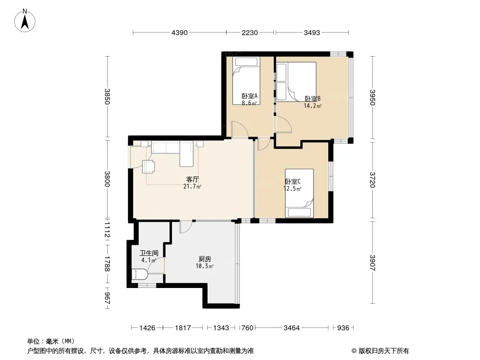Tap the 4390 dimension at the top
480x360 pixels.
click(x=179, y=32)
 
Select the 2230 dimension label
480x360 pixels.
click(x=250, y=32)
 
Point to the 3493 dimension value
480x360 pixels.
click(x=312, y=32)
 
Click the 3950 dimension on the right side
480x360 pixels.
click(x=372, y=97)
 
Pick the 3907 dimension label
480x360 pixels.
click(x=372, y=263)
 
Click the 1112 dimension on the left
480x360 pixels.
click(x=107, y=230)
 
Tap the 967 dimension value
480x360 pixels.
click(x=107, y=298)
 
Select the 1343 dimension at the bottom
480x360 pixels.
click(x=221, y=328)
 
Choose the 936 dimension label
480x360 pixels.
click(x=343, y=328)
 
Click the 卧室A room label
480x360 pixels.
click(x=249, y=96)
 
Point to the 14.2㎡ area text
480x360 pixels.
click(x=312, y=106)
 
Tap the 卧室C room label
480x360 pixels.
click(x=293, y=181)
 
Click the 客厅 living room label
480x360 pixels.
click(x=193, y=179)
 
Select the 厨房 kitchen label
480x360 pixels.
click(x=205, y=259)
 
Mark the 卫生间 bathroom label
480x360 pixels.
click(x=149, y=253)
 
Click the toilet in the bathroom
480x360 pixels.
click(x=140, y=274)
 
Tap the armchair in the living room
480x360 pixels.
click(x=149, y=166)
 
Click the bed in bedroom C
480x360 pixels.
click(x=299, y=193)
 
